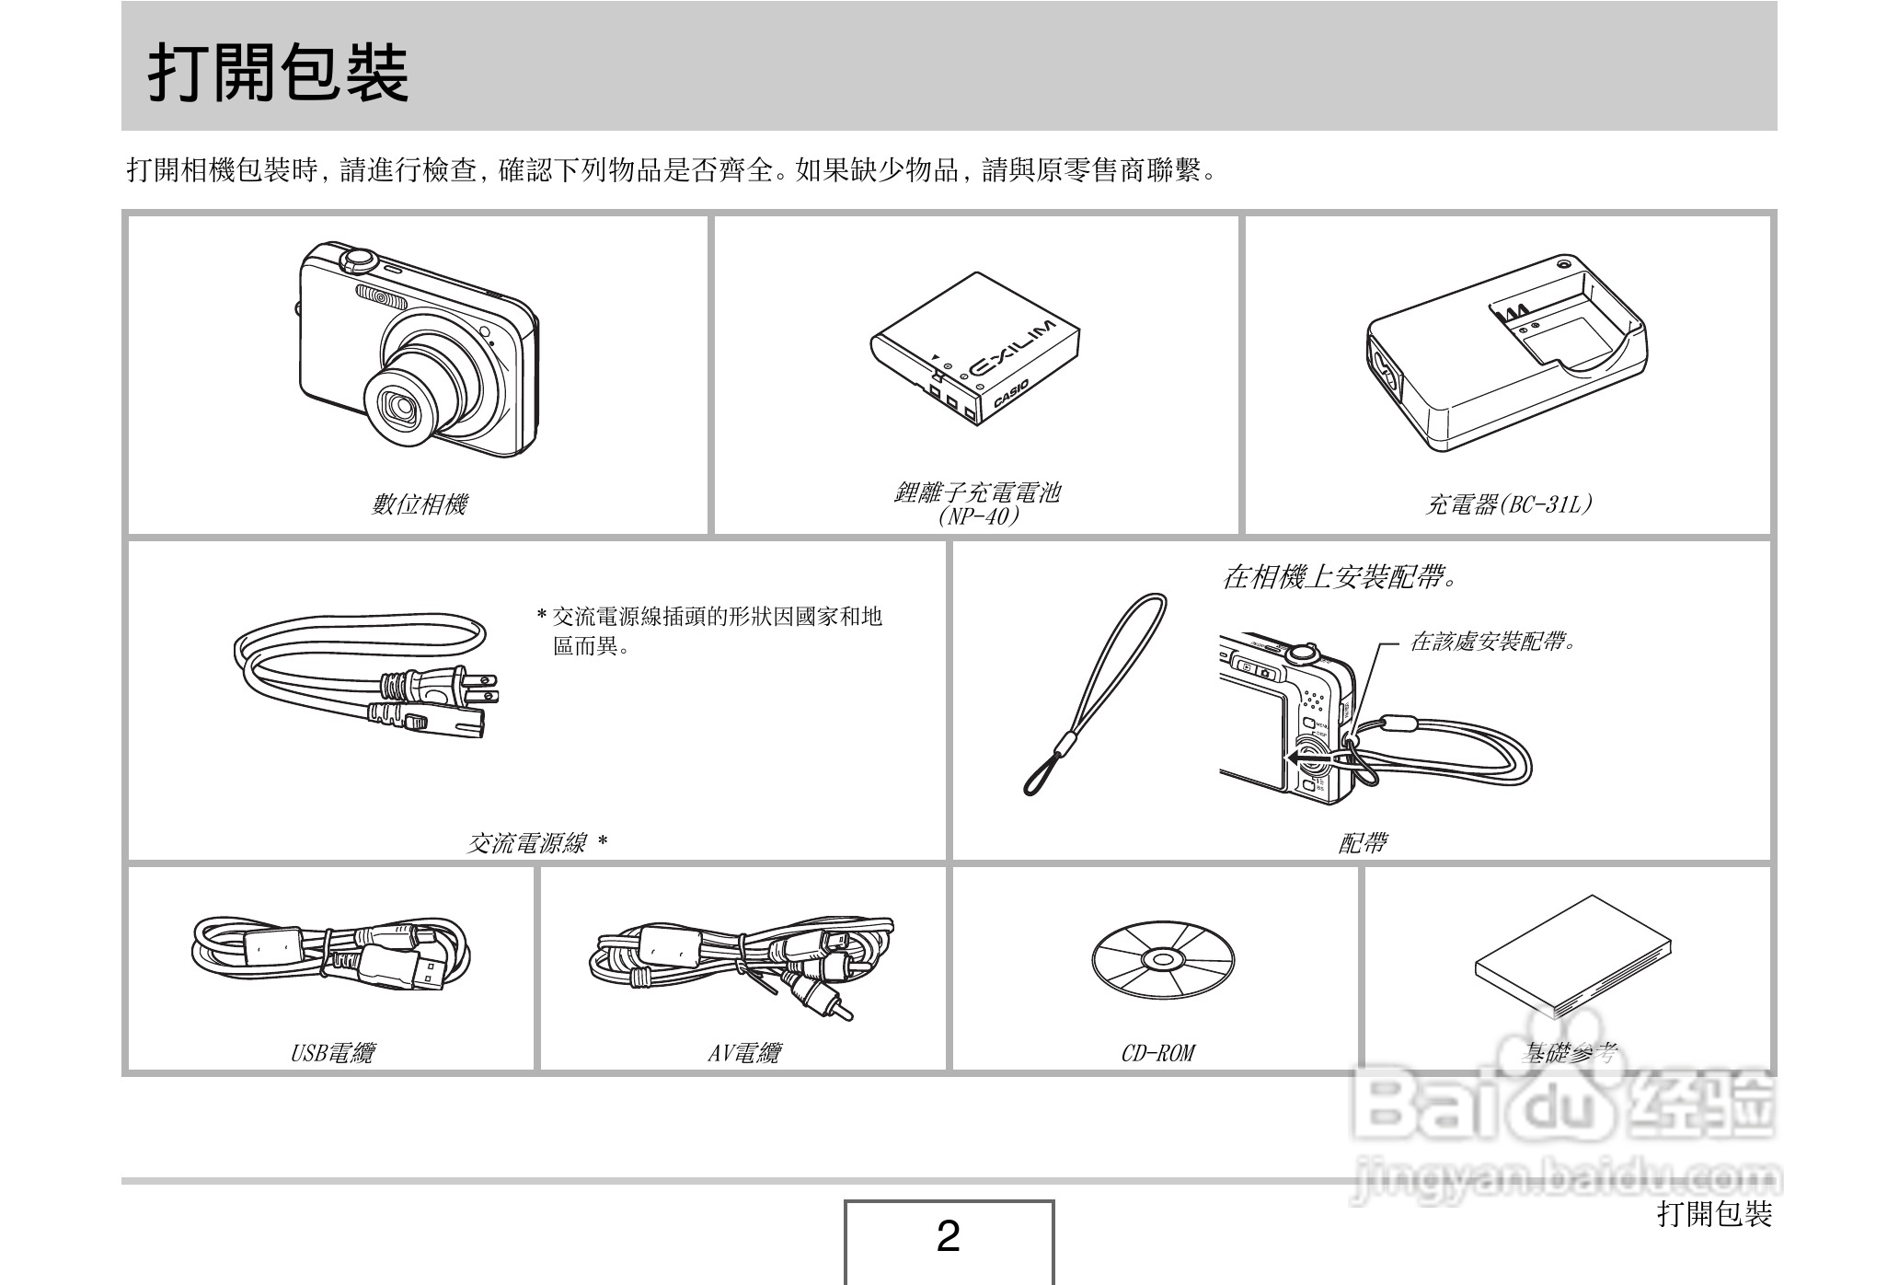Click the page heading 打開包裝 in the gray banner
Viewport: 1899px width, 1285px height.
pos(278,73)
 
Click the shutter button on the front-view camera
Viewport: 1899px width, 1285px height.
pos(357,259)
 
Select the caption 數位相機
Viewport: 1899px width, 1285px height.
pos(420,504)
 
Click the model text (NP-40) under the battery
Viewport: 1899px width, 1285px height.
pos(977,516)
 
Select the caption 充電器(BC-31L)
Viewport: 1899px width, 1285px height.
pos(1508,504)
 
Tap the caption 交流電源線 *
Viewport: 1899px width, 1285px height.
pos(537,842)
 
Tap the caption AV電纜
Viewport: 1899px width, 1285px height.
pos(743,1052)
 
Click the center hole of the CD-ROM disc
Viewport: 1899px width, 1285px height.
pos(1162,961)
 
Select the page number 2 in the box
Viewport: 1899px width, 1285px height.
pos(949,1237)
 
